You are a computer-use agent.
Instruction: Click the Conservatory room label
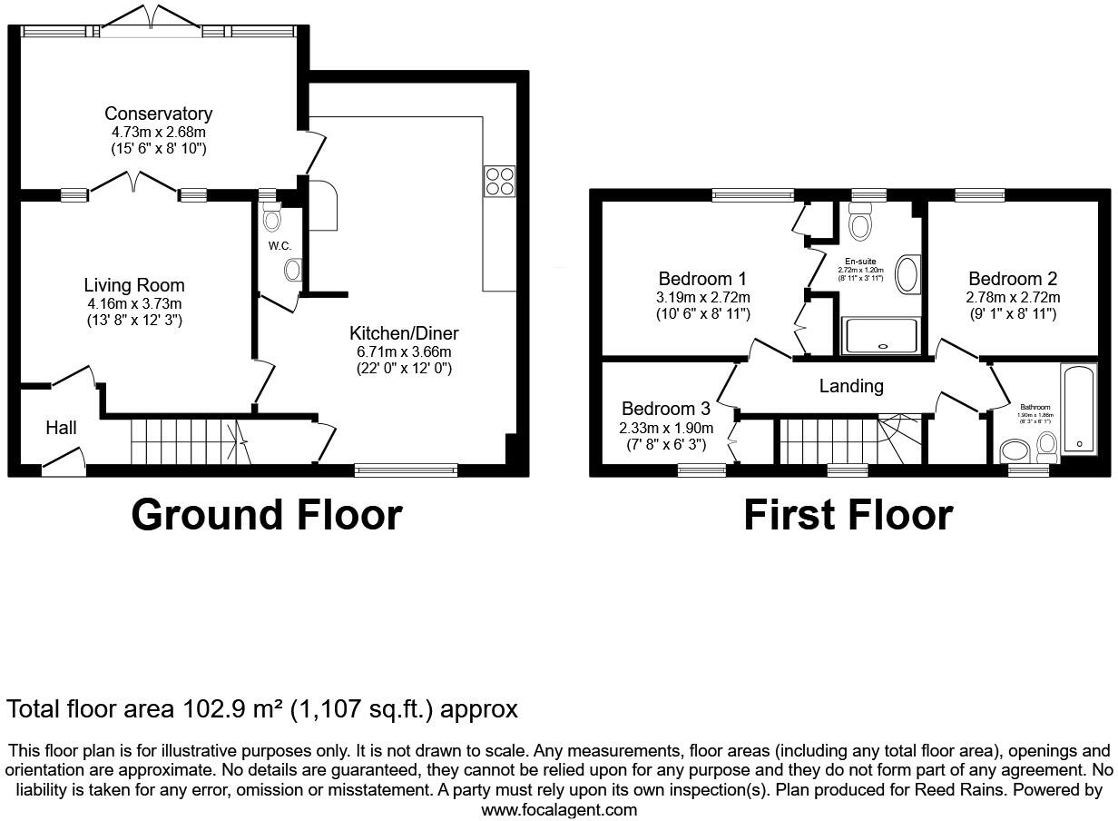[x=158, y=114]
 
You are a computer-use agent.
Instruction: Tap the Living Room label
[x=134, y=285]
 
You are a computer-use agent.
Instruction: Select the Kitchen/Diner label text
[x=404, y=333]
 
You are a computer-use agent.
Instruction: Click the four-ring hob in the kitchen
[x=498, y=181]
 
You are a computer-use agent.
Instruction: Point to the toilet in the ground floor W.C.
[x=271, y=218]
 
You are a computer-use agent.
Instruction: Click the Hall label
[x=62, y=428]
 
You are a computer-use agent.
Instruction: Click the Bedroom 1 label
[x=703, y=279]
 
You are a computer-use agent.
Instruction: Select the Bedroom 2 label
[x=1013, y=279]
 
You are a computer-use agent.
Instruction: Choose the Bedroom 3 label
[x=666, y=409]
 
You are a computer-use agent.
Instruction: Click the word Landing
[x=851, y=386]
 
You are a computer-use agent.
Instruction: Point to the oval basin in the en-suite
[x=907, y=274]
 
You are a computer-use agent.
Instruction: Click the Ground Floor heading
[x=266, y=515]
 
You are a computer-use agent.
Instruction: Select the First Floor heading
[x=848, y=515]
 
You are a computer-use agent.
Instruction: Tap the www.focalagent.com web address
[x=559, y=809]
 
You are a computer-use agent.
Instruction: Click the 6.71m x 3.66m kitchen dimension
[x=403, y=352]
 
